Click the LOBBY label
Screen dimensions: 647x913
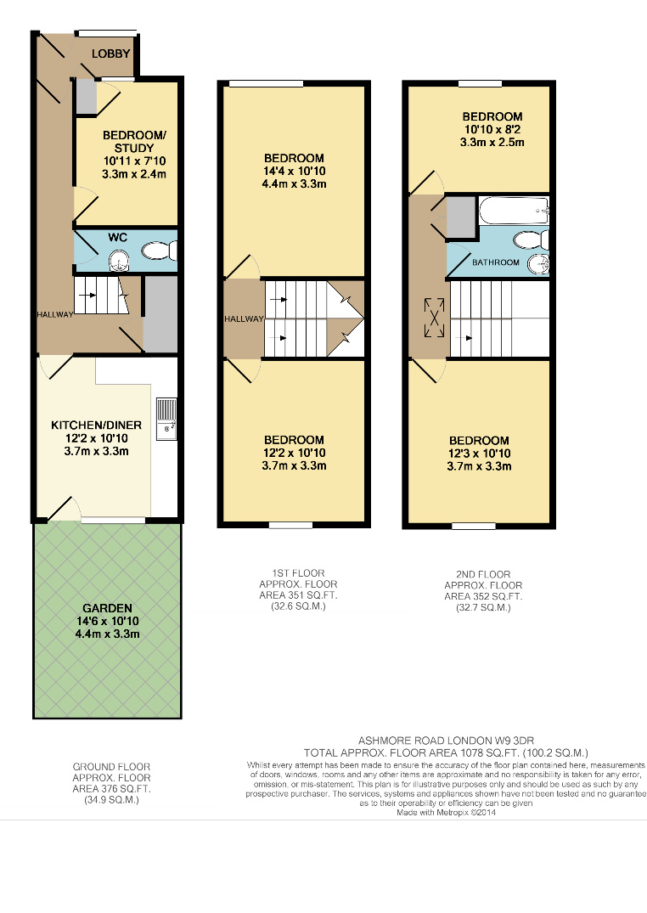tap(110, 54)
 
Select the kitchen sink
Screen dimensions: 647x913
tap(166, 419)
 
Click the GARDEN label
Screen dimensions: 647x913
tap(107, 608)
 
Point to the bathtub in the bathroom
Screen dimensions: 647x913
tap(514, 210)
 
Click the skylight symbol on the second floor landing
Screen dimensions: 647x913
tap(434, 318)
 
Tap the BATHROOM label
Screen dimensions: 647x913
tap(496, 262)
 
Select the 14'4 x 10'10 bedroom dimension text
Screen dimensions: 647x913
tap(294, 172)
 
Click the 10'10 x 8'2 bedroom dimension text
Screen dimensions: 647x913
tap(492, 129)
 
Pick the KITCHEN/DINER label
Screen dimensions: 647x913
tap(96, 425)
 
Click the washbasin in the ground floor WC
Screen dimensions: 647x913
tap(120, 261)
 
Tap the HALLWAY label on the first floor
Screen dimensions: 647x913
tap(244, 319)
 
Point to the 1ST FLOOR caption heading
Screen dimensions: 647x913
tap(298, 573)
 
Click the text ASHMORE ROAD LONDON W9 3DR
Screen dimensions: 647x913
tap(446, 741)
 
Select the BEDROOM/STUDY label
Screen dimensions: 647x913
tap(134, 142)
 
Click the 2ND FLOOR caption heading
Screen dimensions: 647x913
tap(483, 575)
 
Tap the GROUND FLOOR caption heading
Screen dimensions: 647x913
tap(112, 767)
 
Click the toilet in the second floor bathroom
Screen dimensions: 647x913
tap(532, 240)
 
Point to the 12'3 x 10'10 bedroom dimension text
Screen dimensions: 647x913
tap(479, 454)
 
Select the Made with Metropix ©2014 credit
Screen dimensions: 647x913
tap(446, 812)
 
